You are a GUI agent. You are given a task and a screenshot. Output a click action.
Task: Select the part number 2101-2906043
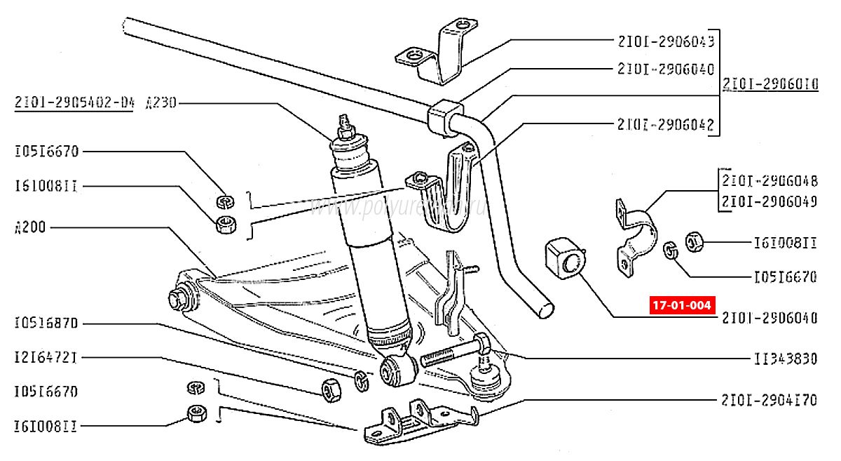(666, 41)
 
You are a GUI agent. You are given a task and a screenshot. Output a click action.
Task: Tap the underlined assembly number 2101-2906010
(770, 86)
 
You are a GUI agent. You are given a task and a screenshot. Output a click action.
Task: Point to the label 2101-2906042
(665, 126)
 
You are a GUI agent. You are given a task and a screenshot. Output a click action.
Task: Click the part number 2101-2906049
(770, 201)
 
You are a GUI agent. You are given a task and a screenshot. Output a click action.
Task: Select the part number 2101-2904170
(769, 401)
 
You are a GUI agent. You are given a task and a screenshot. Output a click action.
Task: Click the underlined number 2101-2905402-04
(74, 103)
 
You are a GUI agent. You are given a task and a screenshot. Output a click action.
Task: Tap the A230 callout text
(162, 103)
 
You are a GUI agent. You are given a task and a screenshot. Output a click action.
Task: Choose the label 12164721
(46, 357)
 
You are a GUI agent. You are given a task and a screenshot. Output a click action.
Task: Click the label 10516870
(46, 323)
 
